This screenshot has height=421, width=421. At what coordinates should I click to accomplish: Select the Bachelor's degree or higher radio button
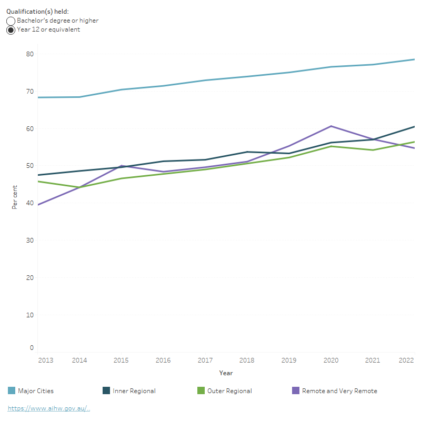click(11, 21)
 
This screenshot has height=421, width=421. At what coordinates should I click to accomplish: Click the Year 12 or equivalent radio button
click(11, 30)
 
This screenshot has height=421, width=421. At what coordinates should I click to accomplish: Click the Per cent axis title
click(15, 197)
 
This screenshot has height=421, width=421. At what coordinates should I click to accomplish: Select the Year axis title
click(226, 373)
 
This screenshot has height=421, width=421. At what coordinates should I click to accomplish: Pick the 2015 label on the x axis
click(121, 360)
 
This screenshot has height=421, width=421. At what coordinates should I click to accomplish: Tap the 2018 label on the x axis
click(247, 360)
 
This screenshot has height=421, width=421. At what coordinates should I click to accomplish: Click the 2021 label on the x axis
click(373, 360)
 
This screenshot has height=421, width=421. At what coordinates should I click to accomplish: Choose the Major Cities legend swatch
click(11, 391)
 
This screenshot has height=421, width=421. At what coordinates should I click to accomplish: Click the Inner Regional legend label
click(134, 391)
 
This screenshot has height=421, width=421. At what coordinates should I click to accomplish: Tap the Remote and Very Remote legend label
click(339, 391)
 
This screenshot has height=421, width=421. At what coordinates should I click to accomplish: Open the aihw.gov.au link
click(48, 408)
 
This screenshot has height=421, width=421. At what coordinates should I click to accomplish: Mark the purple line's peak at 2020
click(331, 126)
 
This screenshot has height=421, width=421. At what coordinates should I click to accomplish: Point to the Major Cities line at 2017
click(205, 81)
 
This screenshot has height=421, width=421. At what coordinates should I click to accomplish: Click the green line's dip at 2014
click(79, 187)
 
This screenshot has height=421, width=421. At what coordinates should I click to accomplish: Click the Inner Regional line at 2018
click(247, 152)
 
